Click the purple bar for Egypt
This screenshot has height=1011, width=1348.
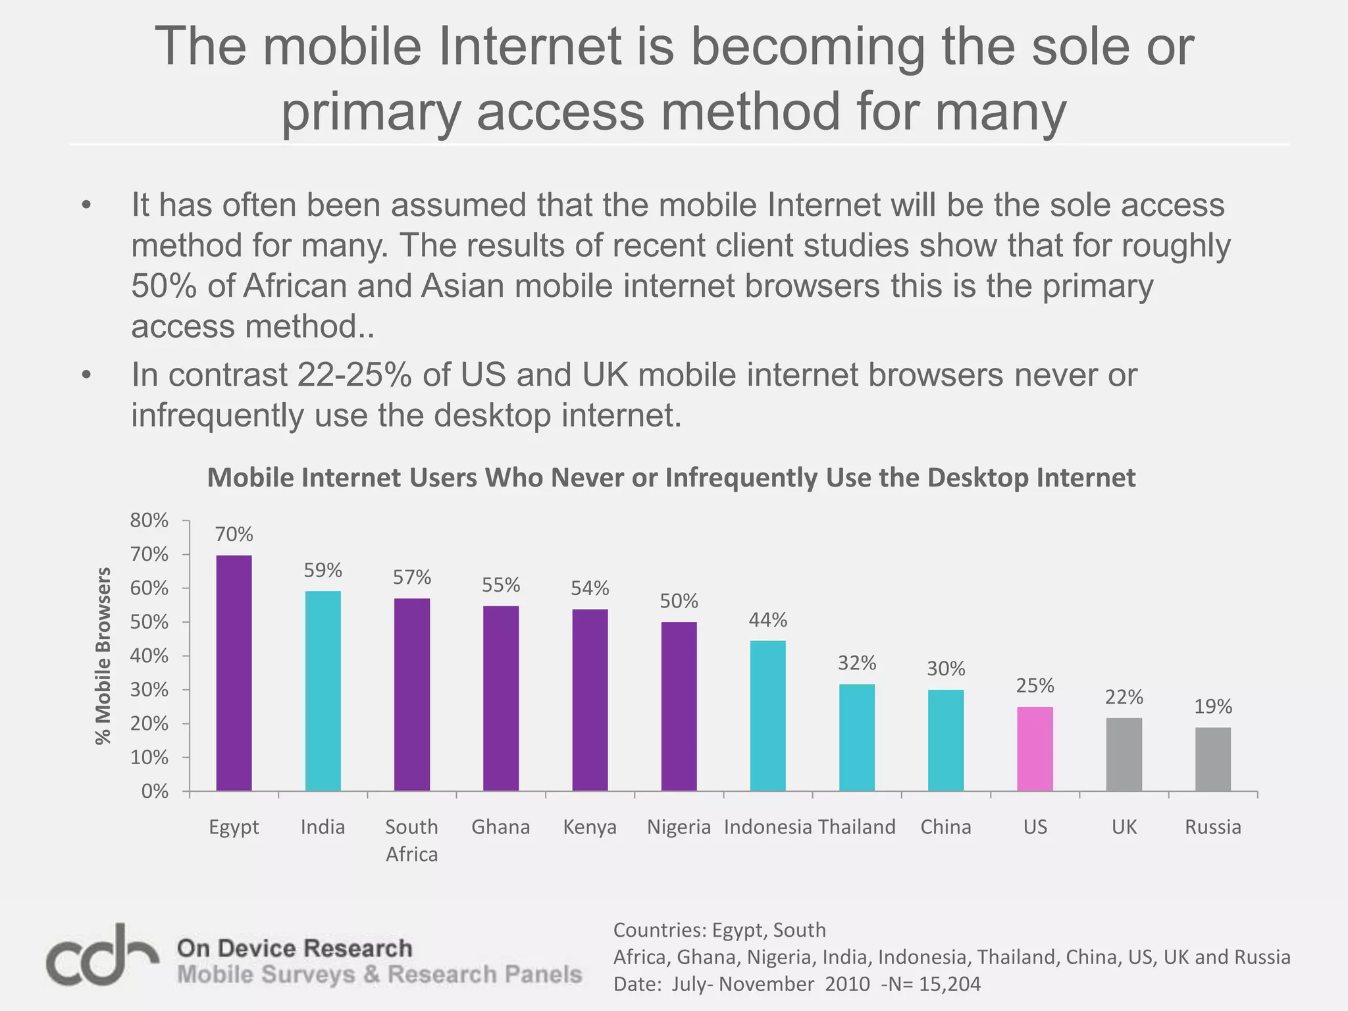[x=234, y=673]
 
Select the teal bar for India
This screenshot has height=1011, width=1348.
[x=323, y=690]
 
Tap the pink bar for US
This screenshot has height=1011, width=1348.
[x=1035, y=748]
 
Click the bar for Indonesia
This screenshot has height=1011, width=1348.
[x=767, y=715]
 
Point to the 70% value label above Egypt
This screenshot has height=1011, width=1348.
[x=234, y=534]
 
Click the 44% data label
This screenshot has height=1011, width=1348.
[x=767, y=619]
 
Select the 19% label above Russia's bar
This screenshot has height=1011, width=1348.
[x=1213, y=706]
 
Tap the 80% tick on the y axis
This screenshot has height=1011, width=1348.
[x=149, y=520]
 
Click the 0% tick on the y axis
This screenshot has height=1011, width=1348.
[x=155, y=791]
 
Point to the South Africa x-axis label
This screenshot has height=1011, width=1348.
[x=411, y=840]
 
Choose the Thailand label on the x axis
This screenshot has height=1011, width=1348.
[x=856, y=827]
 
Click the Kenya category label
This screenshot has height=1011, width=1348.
[x=590, y=827]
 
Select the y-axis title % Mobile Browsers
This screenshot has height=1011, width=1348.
[x=103, y=656]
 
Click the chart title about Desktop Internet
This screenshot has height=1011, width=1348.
[x=671, y=477]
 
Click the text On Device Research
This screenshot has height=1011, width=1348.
[x=294, y=948]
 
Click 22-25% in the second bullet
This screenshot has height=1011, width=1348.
[x=354, y=375]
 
